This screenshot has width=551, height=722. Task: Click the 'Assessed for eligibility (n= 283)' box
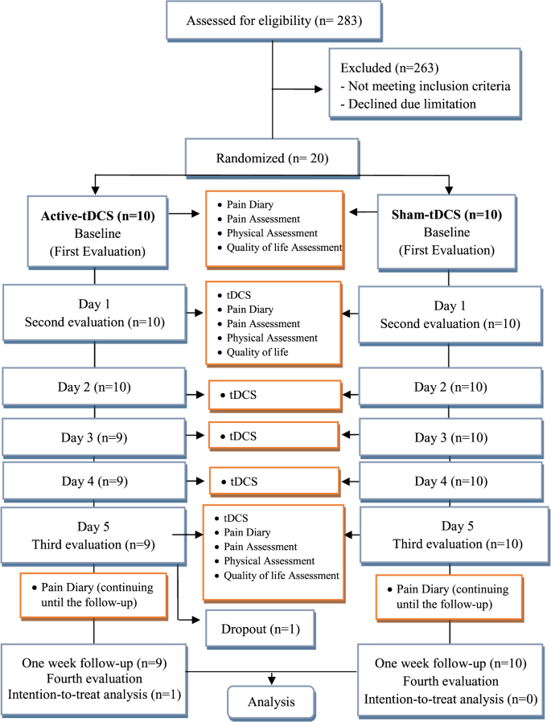(x=273, y=19)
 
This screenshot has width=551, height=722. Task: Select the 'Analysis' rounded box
(x=271, y=701)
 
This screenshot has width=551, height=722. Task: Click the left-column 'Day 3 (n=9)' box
(x=96, y=437)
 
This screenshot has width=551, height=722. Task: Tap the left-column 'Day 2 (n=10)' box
(x=96, y=388)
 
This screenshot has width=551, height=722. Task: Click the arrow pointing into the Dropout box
(x=194, y=620)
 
